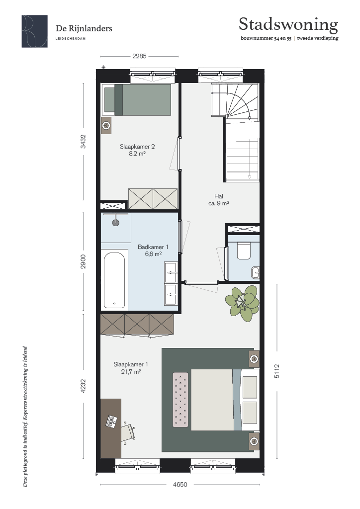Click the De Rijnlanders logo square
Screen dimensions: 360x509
(x=35, y=31)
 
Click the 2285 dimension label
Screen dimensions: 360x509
(x=139, y=56)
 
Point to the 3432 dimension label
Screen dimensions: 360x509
(x=84, y=142)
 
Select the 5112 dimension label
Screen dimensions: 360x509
(x=276, y=371)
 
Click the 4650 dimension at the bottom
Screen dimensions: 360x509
(x=180, y=485)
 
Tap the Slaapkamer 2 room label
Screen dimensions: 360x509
(x=137, y=150)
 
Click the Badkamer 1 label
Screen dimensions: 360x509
(x=153, y=251)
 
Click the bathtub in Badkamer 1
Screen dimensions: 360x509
(x=114, y=280)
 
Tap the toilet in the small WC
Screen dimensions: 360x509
(x=244, y=251)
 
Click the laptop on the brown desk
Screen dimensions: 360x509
(x=111, y=421)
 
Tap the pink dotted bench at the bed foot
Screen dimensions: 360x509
(x=180, y=399)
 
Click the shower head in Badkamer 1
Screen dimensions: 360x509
(x=115, y=223)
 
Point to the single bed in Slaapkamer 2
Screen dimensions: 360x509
(x=136, y=99)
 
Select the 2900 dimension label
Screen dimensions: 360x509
(x=84, y=261)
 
